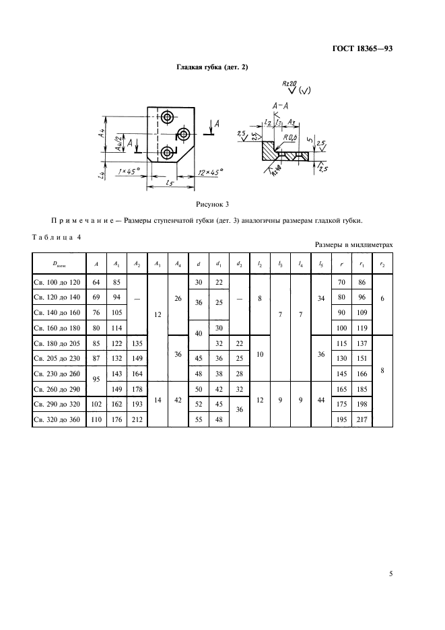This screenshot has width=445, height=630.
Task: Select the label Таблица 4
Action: (x=56, y=236)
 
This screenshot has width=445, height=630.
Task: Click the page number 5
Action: (x=391, y=574)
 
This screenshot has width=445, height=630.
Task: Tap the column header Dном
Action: (x=56, y=264)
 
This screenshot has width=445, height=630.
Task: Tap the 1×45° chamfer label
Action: (x=128, y=172)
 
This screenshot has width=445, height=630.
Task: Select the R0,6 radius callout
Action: (x=292, y=139)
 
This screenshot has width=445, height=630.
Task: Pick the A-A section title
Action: (x=281, y=106)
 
